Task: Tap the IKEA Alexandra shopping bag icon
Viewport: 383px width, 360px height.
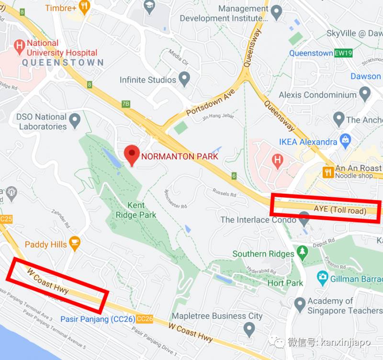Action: (x=345, y=141)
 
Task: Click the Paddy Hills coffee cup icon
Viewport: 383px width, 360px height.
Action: (x=74, y=244)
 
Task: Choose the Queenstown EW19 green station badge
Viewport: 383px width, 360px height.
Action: (x=343, y=53)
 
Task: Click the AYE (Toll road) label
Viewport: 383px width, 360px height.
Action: (x=340, y=210)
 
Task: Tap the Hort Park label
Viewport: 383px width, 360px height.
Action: (x=285, y=282)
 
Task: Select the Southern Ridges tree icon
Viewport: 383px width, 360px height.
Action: (x=302, y=252)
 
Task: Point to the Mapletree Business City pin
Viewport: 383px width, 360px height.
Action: (x=248, y=328)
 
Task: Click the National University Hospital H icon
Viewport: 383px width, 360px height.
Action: (x=20, y=46)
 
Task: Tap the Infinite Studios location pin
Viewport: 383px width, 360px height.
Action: (x=184, y=78)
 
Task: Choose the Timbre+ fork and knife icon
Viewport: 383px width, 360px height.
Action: (x=84, y=6)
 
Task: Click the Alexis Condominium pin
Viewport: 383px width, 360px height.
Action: (x=365, y=92)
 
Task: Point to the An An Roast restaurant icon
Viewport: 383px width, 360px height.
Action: (x=328, y=172)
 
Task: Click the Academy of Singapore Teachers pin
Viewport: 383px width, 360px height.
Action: (x=300, y=304)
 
